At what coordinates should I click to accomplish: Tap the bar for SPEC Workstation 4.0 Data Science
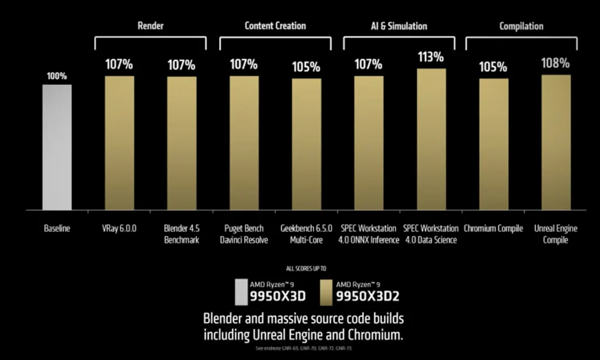click(431, 139)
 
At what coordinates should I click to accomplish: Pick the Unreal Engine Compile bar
click(555, 142)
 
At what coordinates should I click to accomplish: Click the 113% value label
click(431, 57)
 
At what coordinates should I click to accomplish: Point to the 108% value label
click(555, 63)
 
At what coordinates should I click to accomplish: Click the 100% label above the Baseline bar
click(57, 76)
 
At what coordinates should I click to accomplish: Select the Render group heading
click(151, 26)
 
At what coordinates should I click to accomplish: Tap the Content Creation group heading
click(275, 26)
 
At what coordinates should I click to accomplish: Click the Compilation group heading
click(521, 26)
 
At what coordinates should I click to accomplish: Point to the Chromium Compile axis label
click(493, 229)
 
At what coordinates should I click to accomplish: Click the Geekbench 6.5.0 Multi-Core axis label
click(306, 234)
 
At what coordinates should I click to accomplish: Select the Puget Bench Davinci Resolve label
click(244, 234)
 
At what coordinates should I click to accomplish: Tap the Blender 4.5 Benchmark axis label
click(182, 234)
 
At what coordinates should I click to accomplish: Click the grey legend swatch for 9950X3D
click(241, 291)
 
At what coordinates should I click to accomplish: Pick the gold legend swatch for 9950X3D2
click(327, 291)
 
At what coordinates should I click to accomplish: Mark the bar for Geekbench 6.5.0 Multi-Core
click(306, 144)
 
